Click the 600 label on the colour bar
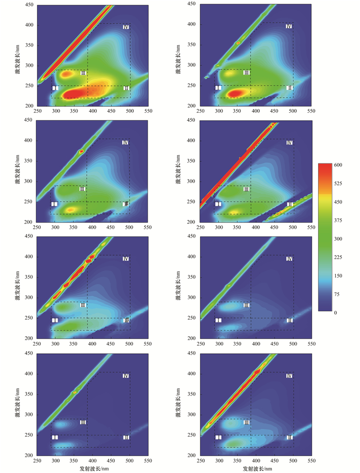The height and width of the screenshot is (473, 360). pyautogui.click(x=339, y=165)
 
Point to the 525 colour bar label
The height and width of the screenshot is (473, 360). pyautogui.click(x=339, y=183)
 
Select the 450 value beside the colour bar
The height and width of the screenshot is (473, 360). pyautogui.click(x=339, y=202)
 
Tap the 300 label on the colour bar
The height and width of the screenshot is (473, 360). pyautogui.click(x=339, y=239)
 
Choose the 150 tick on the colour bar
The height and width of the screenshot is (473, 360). pyautogui.click(x=339, y=276)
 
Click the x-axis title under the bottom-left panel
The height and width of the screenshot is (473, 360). pyautogui.click(x=92, y=468)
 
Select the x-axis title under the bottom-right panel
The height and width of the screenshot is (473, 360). pyautogui.click(x=256, y=468)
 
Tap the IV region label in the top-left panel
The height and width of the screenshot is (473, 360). pyautogui.click(x=125, y=27)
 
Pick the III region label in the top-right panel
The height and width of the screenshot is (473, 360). pyautogui.click(x=246, y=73)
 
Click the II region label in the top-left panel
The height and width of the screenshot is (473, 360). pyautogui.click(x=126, y=88)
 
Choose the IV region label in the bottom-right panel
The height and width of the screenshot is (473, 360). pyautogui.click(x=289, y=376)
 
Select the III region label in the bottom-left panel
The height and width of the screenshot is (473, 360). pyautogui.click(x=83, y=423)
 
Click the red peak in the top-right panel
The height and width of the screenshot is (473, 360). pyautogui.click(x=236, y=93)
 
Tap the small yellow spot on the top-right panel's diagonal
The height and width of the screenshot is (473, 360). pyautogui.click(x=238, y=43)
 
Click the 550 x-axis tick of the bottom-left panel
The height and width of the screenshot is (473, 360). pyautogui.click(x=147, y=462)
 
